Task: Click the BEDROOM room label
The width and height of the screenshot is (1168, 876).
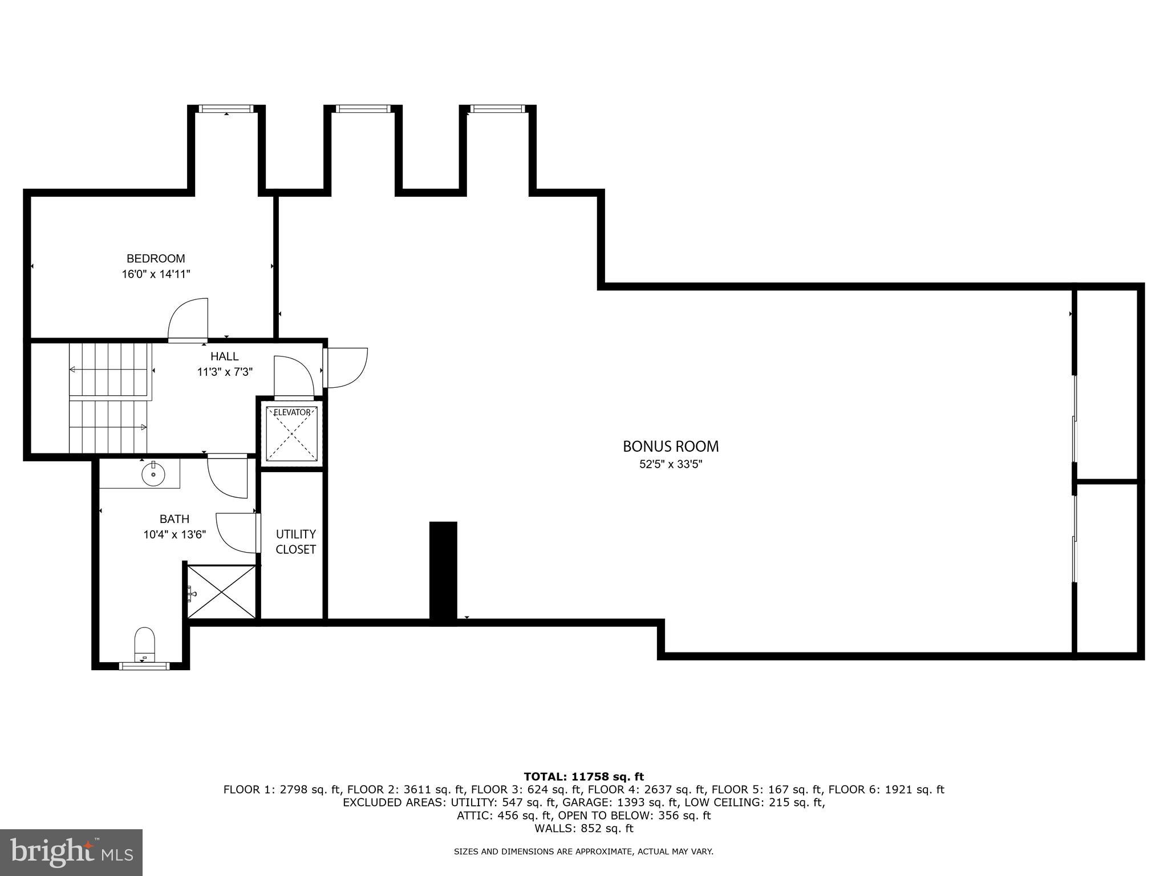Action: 156,258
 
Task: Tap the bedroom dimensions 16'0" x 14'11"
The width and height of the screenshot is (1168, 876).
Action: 156,274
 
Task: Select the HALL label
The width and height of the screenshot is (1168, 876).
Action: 225,356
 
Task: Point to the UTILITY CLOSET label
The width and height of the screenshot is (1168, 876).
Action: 295,542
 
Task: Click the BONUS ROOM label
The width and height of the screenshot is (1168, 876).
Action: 671,446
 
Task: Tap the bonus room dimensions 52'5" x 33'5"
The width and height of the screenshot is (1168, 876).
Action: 671,464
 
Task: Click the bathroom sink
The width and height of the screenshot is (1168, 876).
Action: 153,474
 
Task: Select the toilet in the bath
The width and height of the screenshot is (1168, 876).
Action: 145,642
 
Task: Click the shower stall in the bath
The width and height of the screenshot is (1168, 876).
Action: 222,592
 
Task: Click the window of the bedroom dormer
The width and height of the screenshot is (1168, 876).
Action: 226,108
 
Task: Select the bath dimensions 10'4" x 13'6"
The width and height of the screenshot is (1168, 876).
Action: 175,535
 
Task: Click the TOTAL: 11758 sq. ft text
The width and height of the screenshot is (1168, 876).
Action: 583,777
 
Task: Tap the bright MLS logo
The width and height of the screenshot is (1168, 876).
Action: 71,852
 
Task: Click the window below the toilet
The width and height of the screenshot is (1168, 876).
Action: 144,666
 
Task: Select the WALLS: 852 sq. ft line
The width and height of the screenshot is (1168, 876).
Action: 583,828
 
